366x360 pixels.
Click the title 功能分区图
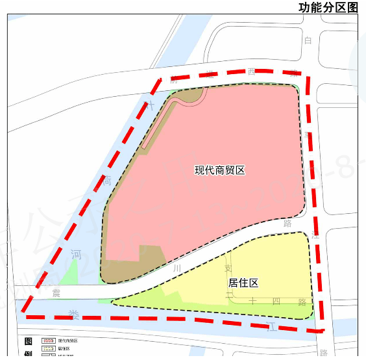click(328, 7)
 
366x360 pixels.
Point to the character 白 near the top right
click(308, 40)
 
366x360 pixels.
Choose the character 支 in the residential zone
click(227, 268)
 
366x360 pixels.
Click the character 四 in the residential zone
click(276, 301)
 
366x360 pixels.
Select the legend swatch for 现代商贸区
click(49, 341)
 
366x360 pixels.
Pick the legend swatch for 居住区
click(49, 349)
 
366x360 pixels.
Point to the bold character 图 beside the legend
click(28, 341)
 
